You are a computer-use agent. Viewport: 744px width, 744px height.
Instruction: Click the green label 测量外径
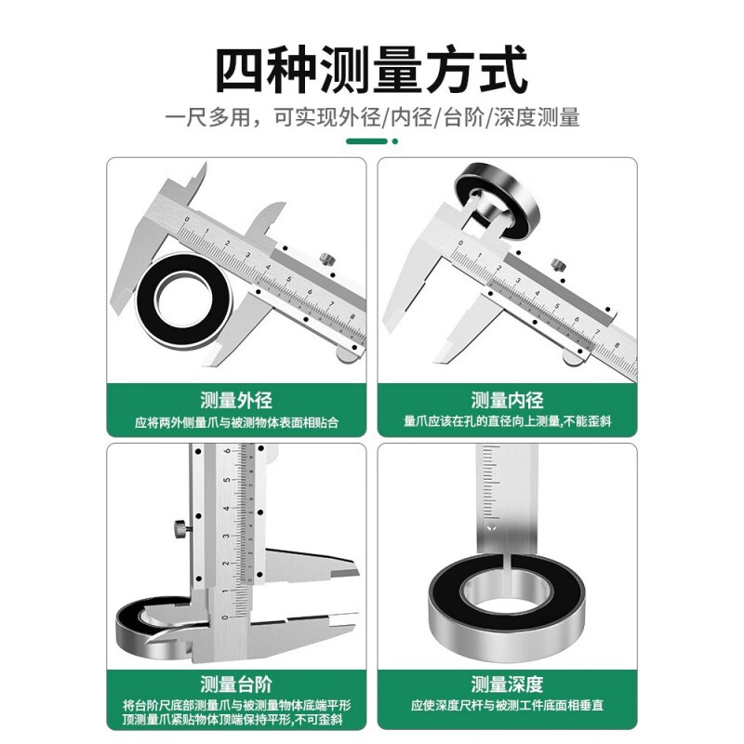[236, 402]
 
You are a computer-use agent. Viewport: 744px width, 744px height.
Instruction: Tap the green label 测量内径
[507, 402]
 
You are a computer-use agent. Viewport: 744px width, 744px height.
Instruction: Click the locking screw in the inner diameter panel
[557, 265]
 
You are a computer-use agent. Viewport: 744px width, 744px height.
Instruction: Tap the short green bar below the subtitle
[366, 141]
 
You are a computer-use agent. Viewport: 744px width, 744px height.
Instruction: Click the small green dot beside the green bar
[394, 141]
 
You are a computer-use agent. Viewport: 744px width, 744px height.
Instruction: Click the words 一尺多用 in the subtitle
[198, 118]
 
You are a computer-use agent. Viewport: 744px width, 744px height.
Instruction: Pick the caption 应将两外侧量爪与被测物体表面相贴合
[236, 423]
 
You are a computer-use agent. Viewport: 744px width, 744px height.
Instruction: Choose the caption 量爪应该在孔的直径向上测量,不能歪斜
[507, 423]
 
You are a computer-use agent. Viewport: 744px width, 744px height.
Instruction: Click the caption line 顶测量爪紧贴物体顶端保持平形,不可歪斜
[236, 721]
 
